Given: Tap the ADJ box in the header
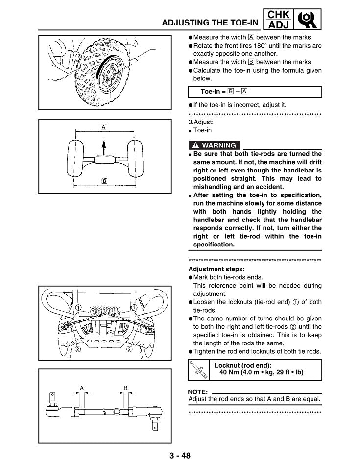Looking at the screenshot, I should [278, 25].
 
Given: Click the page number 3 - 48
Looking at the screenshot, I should [180, 456].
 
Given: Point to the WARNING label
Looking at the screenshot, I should [215, 145].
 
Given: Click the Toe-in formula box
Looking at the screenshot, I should [255, 92].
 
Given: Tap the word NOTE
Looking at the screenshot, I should [198, 392].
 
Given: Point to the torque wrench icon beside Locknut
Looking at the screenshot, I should [200, 370].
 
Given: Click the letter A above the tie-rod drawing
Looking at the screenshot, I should [82, 388].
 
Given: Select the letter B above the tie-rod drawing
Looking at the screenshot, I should [125, 388].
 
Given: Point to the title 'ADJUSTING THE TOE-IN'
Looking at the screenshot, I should [210, 23].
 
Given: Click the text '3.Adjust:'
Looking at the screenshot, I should [201, 123].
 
